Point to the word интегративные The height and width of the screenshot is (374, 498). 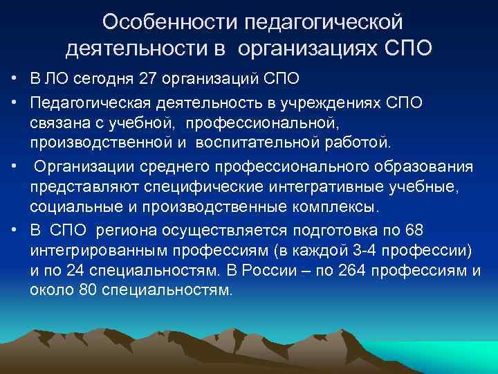tap(298, 188)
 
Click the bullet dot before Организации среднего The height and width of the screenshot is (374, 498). tap(14, 168)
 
